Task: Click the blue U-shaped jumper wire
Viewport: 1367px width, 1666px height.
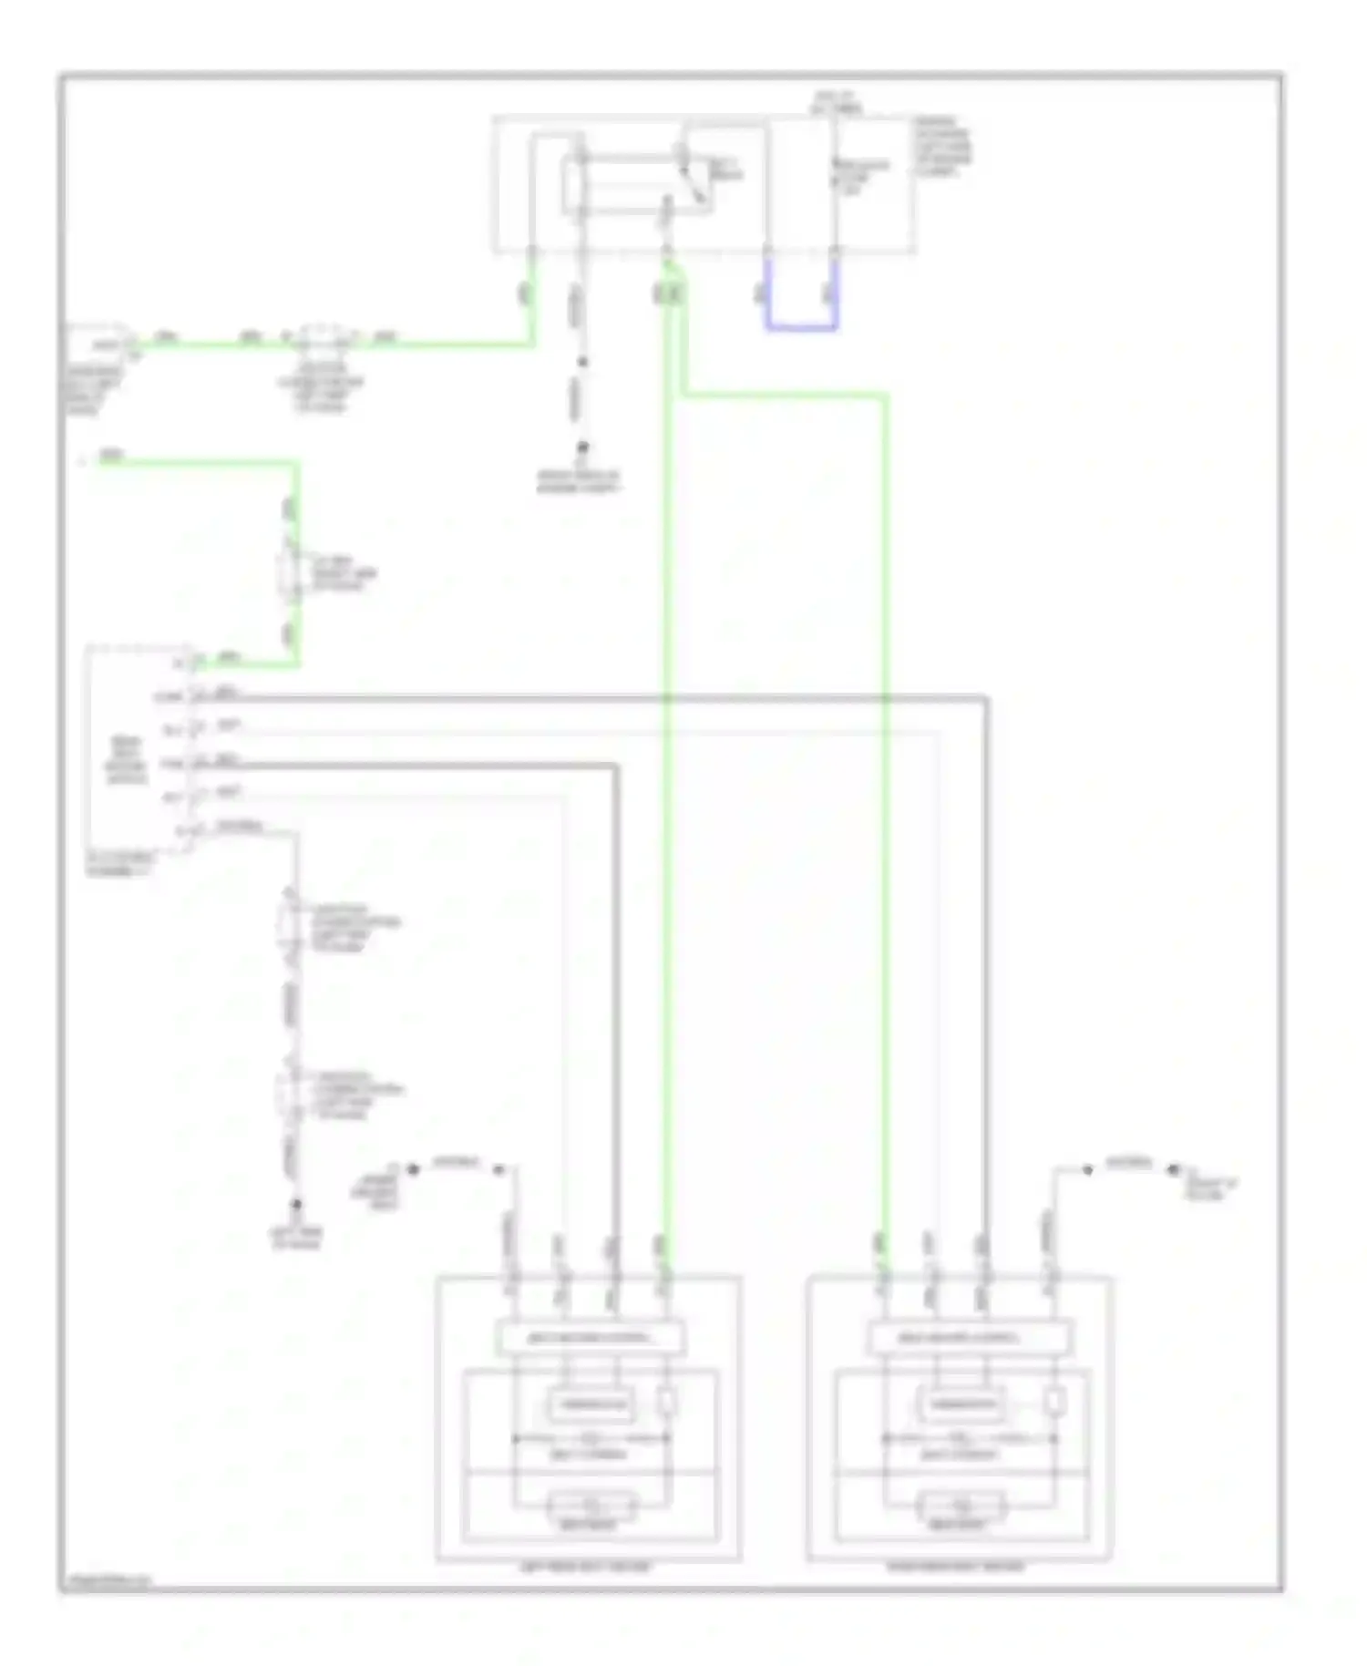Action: pos(801,325)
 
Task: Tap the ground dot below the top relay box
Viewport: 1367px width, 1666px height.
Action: pos(581,447)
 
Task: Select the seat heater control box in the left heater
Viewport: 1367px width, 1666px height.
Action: pos(590,1338)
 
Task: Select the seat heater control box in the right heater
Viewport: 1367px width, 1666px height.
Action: pos(969,1338)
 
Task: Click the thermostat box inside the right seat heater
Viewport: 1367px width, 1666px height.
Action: pos(961,1404)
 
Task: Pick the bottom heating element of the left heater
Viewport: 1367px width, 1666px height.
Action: pos(591,1505)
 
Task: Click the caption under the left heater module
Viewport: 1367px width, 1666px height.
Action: pos(586,1568)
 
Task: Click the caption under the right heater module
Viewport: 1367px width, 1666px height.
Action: pos(956,1568)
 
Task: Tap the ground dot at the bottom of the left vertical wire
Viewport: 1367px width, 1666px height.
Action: pos(295,1205)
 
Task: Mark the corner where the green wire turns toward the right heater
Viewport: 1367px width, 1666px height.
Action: pos(883,396)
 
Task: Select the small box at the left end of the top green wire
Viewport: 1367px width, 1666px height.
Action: pos(98,344)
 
